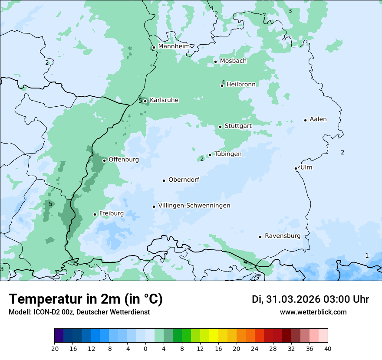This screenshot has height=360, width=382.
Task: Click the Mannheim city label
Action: (x=174, y=46)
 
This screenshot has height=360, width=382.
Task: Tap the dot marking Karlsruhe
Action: (x=145, y=101)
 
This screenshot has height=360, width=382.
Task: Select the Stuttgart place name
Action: (x=238, y=126)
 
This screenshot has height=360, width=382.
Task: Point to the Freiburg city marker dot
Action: (x=95, y=214)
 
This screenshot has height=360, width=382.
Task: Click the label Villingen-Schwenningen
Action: (x=194, y=206)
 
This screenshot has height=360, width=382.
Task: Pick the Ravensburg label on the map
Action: (x=283, y=236)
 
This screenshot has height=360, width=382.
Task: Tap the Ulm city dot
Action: (x=296, y=168)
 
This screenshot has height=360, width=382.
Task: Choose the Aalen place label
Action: (x=318, y=119)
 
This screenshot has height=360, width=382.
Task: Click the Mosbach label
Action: (x=233, y=61)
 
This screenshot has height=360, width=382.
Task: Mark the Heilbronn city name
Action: (x=241, y=85)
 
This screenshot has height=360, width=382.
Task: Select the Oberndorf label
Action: (x=184, y=180)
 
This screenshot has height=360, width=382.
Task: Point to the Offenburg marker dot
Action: (x=104, y=160)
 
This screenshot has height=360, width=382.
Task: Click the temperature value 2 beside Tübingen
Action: (x=202, y=159)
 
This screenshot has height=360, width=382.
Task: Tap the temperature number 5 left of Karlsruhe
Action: (x=140, y=101)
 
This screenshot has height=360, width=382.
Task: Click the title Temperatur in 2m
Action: (x=86, y=299)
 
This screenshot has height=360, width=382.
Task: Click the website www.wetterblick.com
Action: (x=313, y=312)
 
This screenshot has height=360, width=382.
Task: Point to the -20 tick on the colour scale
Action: (x=54, y=348)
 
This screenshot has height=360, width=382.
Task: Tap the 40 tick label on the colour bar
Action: (x=327, y=348)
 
